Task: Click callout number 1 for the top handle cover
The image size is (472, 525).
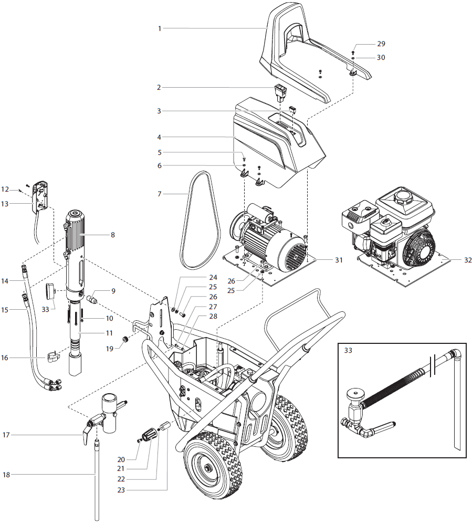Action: click(x=160, y=28)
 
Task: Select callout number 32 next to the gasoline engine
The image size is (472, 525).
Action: click(x=453, y=260)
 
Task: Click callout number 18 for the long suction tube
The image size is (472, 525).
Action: click(x=6, y=475)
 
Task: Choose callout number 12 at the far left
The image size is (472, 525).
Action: click(x=5, y=188)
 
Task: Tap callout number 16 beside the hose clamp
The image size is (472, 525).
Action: click(x=6, y=358)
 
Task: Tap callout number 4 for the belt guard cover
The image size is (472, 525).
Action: click(x=159, y=137)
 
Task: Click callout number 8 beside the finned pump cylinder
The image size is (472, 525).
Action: click(x=112, y=236)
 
